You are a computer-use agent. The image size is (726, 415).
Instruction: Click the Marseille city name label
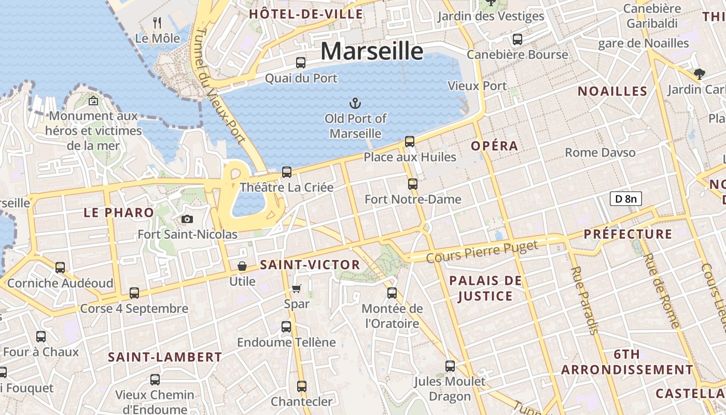click(372, 51)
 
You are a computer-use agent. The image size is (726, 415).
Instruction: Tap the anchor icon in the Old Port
click(355, 103)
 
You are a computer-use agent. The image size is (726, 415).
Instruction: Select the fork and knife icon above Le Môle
click(158, 22)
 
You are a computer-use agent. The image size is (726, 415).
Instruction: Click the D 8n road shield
click(625, 198)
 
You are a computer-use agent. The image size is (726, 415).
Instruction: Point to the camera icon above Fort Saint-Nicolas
click(187, 219)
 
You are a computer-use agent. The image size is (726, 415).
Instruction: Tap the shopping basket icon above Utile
click(242, 266)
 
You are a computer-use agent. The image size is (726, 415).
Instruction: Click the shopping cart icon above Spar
click(296, 288)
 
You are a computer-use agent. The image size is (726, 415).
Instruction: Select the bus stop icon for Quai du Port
click(301, 63)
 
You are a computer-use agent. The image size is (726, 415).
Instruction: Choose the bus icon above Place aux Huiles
click(410, 141)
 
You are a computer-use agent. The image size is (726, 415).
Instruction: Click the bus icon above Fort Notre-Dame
click(413, 184)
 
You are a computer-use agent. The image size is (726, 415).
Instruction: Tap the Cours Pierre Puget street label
click(482, 252)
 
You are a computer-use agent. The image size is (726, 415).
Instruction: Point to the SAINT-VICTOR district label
click(310, 265)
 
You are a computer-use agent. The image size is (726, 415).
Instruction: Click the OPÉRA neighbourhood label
click(494, 146)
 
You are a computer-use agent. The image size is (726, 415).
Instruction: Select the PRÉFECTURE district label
click(627, 234)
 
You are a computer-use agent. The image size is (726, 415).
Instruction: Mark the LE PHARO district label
click(119, 212)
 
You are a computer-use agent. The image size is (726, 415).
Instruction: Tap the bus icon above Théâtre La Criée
click(287, 172)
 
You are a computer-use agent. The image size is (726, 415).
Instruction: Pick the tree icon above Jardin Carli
click(699, 74)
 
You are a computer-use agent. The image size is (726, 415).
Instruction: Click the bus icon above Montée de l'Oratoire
click(392, 293)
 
